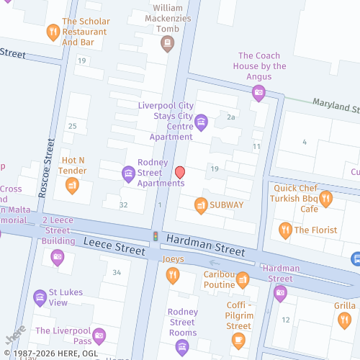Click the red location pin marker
click(180, 173)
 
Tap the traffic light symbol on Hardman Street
click(155, 236)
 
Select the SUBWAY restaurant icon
click(201, 205)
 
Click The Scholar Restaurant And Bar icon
click(53, 32)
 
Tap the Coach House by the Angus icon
click(258, 91)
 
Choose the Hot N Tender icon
click(72, 186)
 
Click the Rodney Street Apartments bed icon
click(128, 173)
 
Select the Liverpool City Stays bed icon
click(201, 121)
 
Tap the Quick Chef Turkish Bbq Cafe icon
click(325, 199)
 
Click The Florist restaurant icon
click(285, 230)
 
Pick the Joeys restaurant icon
click(172, 275)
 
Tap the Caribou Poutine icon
click(242, 279)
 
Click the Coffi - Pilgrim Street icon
click(238, 340)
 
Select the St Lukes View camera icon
click(40, 297)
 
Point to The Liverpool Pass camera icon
click(99, 336)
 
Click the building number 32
click(124, 205)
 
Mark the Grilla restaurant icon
click(344, 321)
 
